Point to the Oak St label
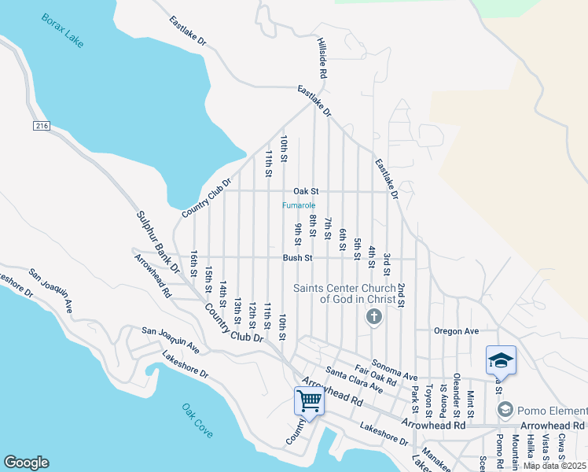coord(306,191)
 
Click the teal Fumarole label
coord(299,205)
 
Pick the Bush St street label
coord(298,257)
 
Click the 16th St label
coord(193,264)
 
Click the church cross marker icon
coord(374,317)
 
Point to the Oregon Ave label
coord(457,331)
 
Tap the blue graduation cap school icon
coord(501,360)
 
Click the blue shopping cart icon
coord(309,401)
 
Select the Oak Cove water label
coord(197,421)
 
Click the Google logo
coord(26,463)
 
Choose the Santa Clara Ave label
coord(354,380)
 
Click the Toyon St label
coord(429,400)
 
